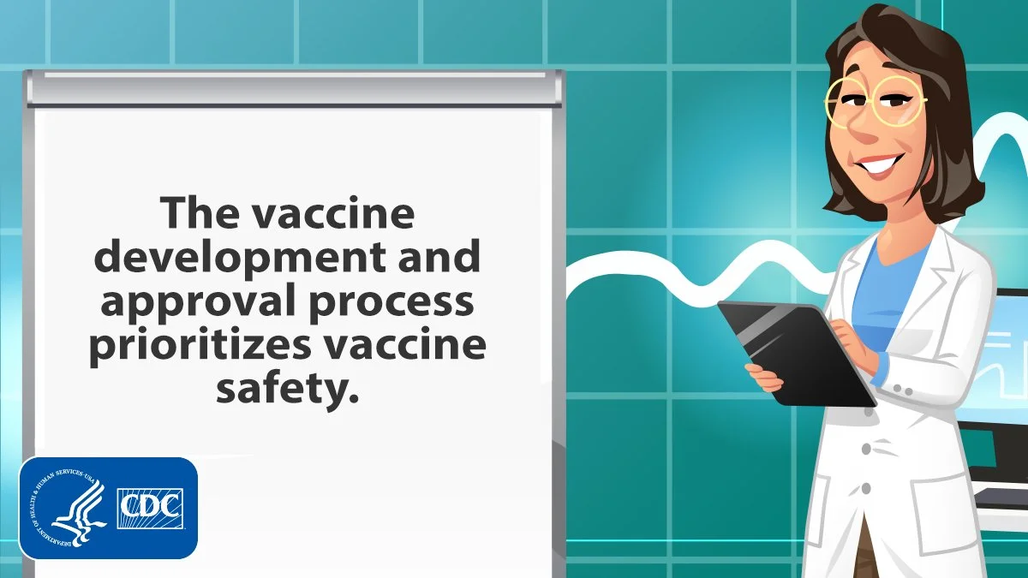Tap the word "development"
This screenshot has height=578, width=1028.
239,258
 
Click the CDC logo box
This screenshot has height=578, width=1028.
150,509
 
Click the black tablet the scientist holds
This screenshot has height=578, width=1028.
796,353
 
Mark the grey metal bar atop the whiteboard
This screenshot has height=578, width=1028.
294,87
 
